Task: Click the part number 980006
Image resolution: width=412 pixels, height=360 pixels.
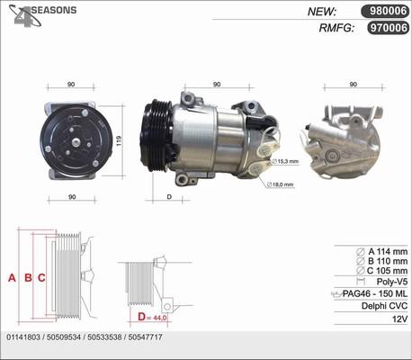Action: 384,12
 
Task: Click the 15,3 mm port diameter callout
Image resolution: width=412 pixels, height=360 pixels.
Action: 288,161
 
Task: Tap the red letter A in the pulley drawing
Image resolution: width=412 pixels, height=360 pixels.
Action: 12,277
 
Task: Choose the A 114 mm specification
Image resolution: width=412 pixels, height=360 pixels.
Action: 381,250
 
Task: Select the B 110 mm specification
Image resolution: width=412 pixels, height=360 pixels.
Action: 381,260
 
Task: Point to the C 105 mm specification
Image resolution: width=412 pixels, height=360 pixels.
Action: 381,271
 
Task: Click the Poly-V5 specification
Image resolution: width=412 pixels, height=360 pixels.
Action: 389,282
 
